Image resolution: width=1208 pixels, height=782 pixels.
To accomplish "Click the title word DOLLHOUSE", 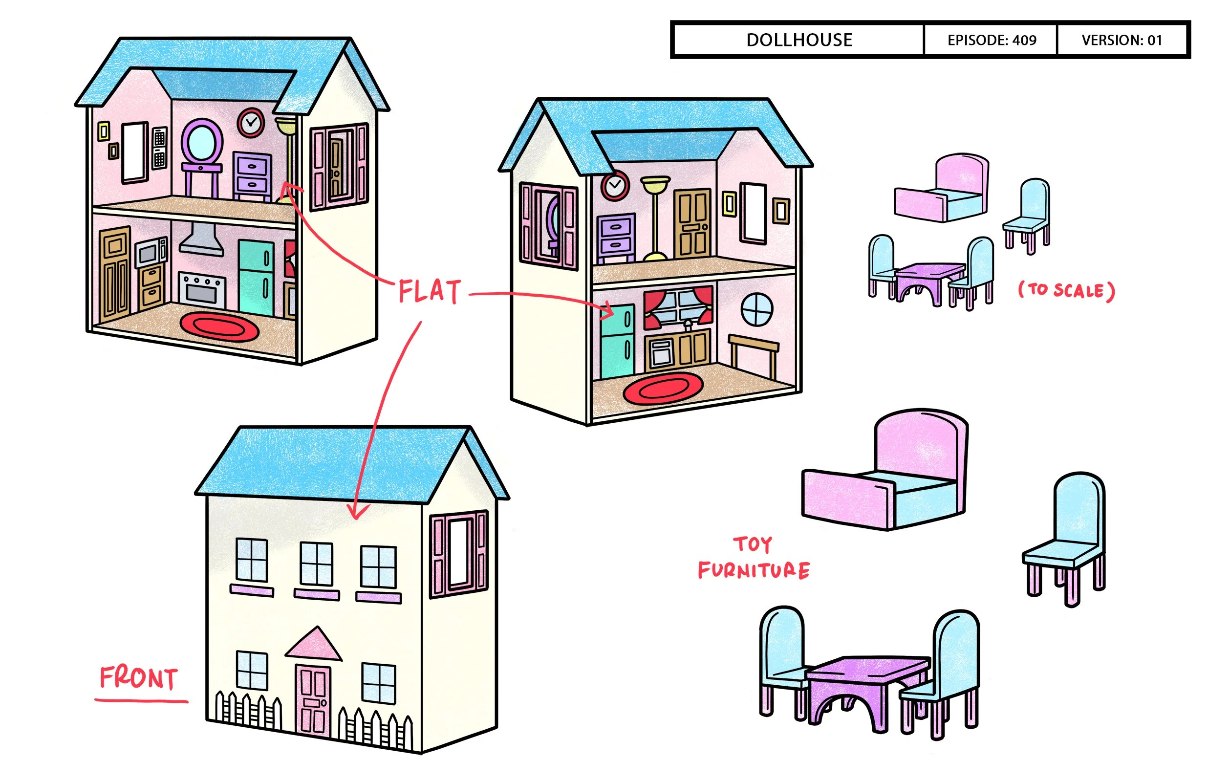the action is (799, 40).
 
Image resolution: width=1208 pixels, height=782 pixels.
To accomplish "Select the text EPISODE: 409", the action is (991, 40).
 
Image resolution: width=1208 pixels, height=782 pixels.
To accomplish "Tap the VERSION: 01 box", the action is (1122, 40).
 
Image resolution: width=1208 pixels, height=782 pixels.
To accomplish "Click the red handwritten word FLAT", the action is (430, 291).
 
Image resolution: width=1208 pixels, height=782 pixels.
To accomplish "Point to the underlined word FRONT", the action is (139, 678).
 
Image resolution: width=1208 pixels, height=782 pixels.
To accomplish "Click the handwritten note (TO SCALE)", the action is (1066, 290).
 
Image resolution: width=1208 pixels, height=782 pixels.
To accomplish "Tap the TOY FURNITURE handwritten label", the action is (754, 559).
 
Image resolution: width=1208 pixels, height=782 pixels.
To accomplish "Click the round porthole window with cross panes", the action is (757, 309).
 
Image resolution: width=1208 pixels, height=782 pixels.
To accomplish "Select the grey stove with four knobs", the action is (202, 289).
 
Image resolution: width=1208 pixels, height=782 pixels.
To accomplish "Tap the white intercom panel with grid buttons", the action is (159, 147).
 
